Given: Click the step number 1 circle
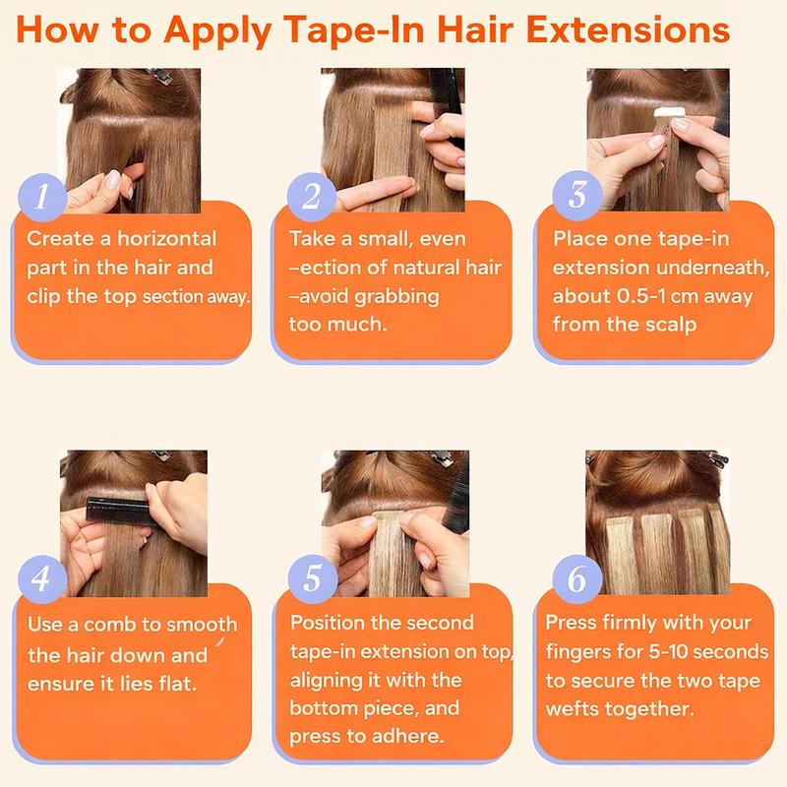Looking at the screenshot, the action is point(42,198).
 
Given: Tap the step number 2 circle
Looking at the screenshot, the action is point(312,196).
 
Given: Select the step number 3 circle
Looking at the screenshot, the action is point(577,195).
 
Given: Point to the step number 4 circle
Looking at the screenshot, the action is point(42,579).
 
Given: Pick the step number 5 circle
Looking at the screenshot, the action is point(313,578).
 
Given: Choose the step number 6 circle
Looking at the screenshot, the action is point(577,578).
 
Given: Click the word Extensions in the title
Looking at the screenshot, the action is point(628,30).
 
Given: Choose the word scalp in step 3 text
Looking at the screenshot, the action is point(671,325).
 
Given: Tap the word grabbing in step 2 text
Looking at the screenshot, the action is point(396,297).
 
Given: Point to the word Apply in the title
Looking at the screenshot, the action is point(216,31).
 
